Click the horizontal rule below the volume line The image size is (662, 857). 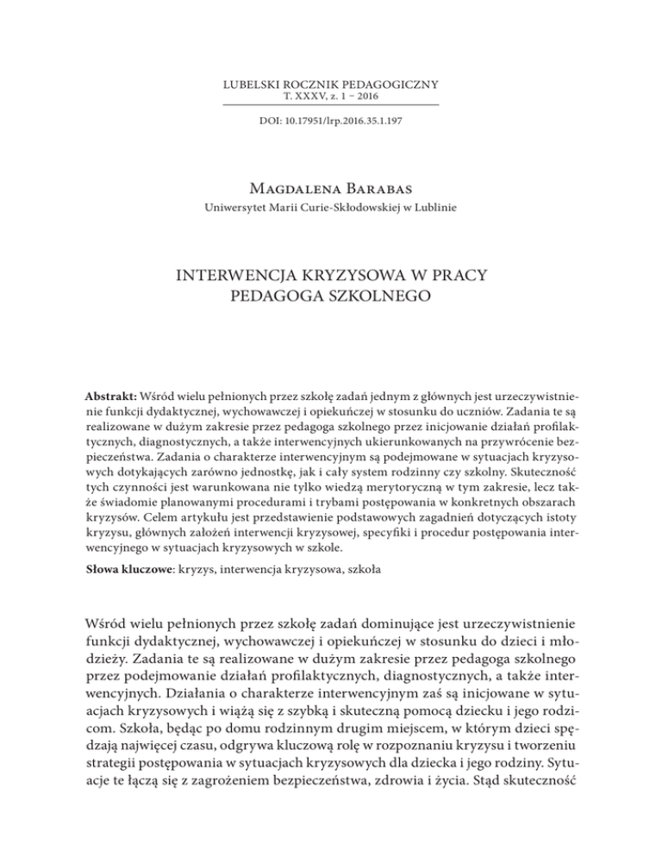[331, 104]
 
